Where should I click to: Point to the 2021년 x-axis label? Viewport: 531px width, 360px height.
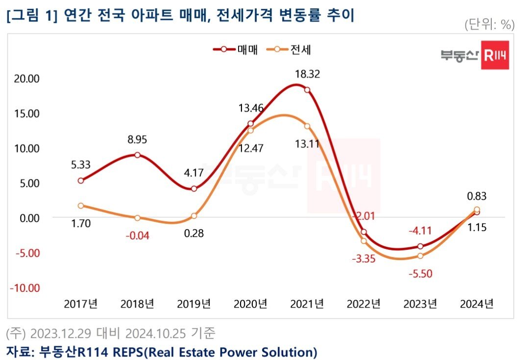(307, 304)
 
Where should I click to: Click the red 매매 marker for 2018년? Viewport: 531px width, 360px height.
(138, 155)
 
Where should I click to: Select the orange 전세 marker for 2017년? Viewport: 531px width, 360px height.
(81, 206)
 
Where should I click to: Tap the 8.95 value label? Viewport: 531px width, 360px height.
(137, 140)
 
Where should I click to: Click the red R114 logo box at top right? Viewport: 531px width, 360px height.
(495, 56)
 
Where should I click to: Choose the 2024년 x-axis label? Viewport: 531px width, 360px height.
(477, 304)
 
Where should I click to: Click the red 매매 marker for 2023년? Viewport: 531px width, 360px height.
(420, 246)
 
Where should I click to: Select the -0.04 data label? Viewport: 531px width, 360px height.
(137, 235)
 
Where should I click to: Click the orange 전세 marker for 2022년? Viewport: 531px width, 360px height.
(363, 240)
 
